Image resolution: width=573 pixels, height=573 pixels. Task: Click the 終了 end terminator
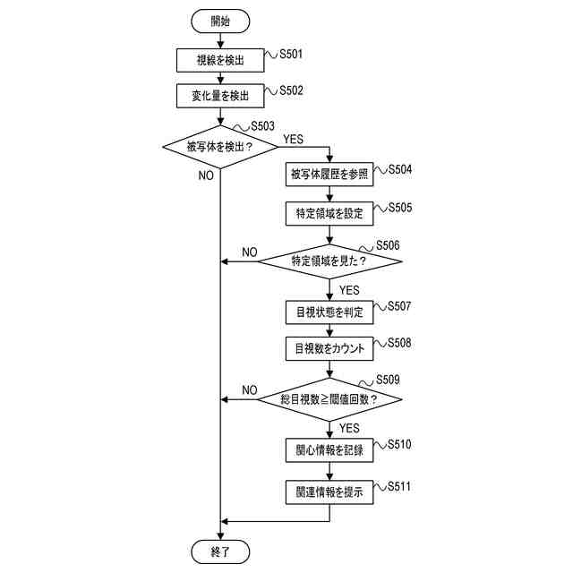pos(219,551)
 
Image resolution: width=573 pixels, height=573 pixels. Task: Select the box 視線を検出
pos(219,61)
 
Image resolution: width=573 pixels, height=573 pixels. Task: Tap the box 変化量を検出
pos(219,95)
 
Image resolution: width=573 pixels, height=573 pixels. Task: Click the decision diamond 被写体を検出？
pos(219,145)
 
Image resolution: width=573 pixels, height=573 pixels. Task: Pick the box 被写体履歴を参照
pos(329,174)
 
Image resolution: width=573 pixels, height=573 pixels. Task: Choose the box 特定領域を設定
pos(329,214)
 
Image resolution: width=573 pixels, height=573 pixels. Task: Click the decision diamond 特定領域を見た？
pos(329,261)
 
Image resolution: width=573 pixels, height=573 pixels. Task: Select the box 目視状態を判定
pos(329,312)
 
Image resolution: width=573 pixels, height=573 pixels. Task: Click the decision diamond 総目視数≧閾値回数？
pos(329,399)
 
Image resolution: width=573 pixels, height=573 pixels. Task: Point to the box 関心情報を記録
pos(329,451)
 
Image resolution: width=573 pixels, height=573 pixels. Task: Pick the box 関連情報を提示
pos(329,493)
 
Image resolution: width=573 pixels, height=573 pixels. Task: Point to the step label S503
pos(262,127)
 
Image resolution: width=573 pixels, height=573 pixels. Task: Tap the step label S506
pos(388,245)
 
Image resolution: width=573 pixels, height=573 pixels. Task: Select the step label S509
pos(388,380)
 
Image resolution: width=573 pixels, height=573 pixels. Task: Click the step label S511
pos(398,486)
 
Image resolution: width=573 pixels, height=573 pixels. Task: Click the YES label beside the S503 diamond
pos(293,139)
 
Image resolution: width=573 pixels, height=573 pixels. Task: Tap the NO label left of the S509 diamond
pos(249,389)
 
